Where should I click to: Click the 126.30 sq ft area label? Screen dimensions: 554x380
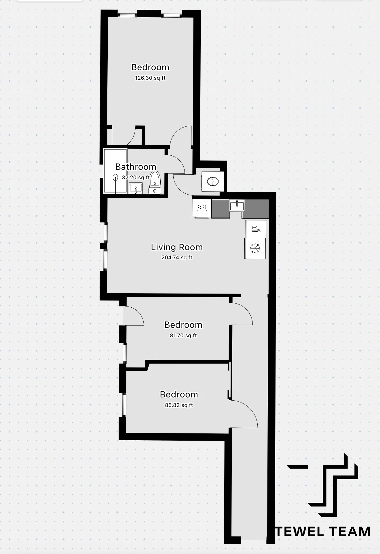150,78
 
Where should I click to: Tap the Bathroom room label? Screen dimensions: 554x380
136,167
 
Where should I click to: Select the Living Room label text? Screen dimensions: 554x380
177,247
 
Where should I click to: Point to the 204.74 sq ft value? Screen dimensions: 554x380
177,258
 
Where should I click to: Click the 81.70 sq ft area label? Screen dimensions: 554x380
183,336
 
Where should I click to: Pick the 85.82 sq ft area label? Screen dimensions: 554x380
179,405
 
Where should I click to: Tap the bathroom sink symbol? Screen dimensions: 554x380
136,189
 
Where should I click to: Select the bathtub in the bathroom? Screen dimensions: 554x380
115,171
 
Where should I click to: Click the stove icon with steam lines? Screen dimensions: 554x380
202,208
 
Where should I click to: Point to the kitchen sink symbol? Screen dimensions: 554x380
237,205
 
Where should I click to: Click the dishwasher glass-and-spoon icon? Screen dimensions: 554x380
256,229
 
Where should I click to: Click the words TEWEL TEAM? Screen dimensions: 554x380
323,532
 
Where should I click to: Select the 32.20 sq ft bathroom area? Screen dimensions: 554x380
135,178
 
